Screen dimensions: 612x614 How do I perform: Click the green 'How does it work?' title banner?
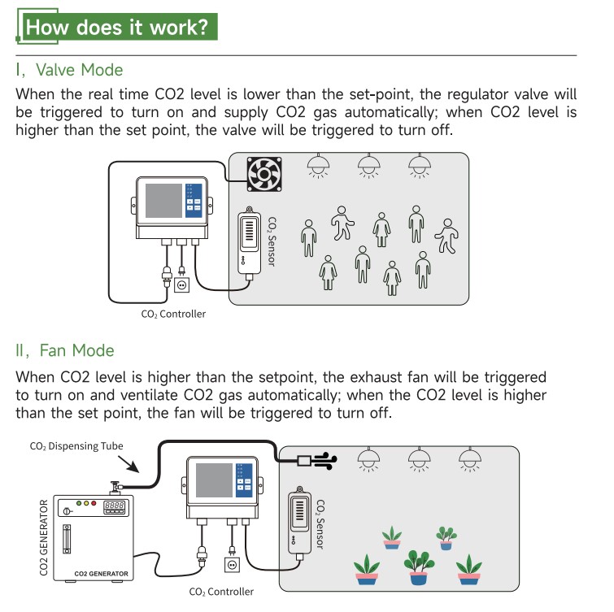click(117, 27)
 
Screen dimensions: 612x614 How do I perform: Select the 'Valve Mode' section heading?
click(70, 70)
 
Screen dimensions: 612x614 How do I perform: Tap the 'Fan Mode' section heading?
click(65, 350)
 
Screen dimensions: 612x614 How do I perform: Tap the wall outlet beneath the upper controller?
click(183, 284)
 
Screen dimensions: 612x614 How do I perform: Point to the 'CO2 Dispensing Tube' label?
click(76, 446)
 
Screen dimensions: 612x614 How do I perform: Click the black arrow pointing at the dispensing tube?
click(130, 466)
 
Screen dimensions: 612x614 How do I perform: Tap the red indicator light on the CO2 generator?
click(94, 504)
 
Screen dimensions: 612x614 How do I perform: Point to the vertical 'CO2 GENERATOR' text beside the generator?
click(45, 537)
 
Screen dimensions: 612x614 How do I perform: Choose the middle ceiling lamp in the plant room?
click(418, 460)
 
